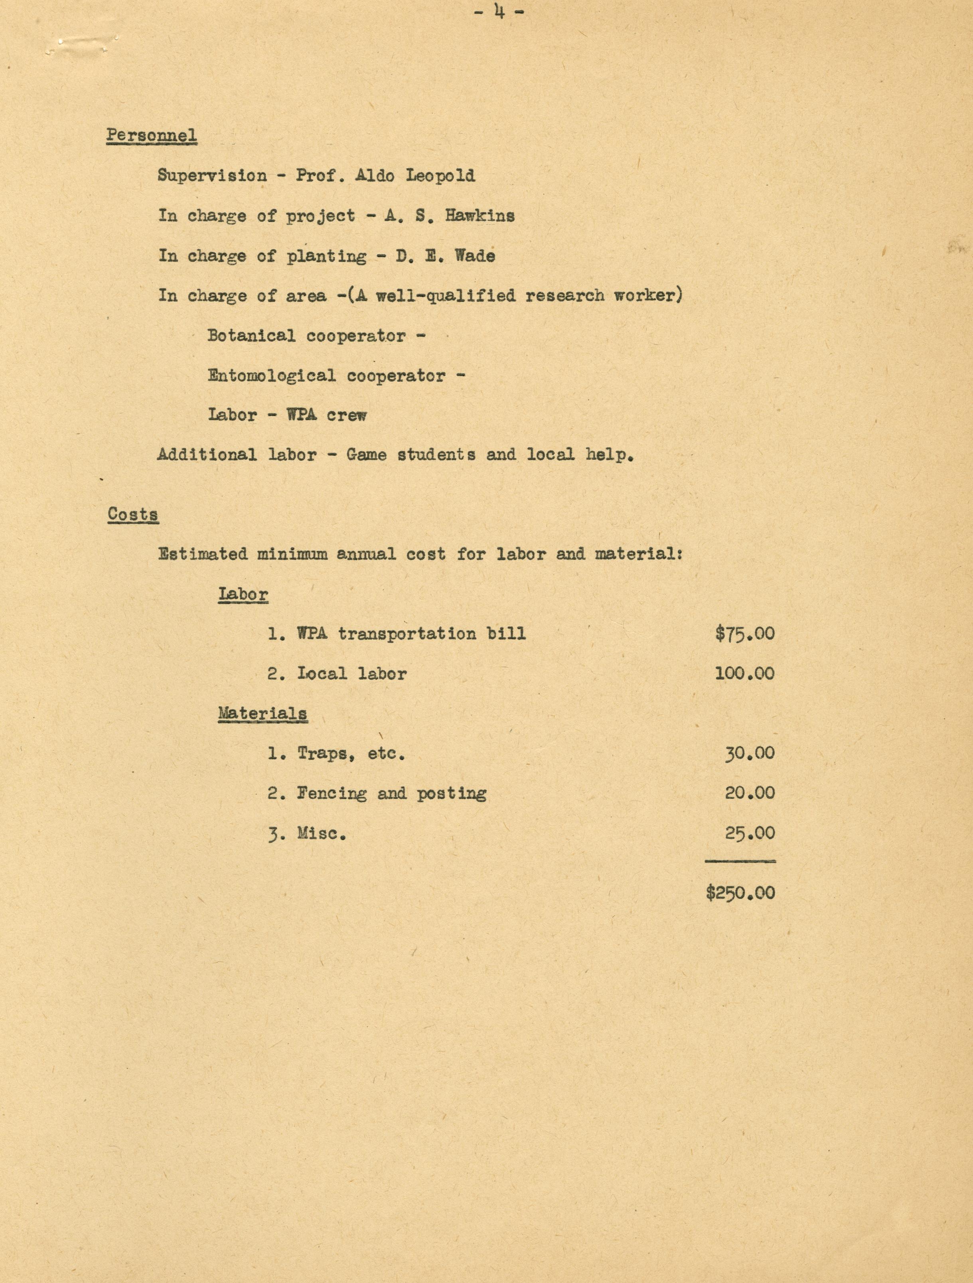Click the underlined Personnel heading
coord(152,136)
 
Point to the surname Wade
coord(475,256)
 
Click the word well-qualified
coord(446,296)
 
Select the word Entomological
coord(272,376)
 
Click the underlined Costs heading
coord(133,514)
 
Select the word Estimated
coord(203,554)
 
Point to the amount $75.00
coord(744,633)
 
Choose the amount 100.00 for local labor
coord(744,673)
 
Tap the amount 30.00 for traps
coord(749,753)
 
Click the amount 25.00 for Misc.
coord(749,834)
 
